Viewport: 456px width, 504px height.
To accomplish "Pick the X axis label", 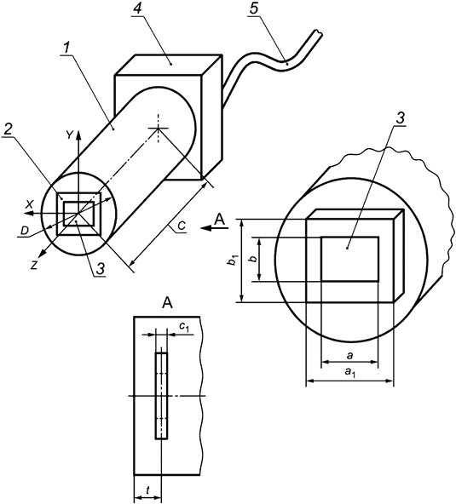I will (x=30, y=204).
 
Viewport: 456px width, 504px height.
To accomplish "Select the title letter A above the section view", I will (x=168, y=301).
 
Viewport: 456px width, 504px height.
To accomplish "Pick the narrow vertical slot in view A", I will (x=162, y=397).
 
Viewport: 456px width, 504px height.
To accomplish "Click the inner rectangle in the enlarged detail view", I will (x=349, y=259).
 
